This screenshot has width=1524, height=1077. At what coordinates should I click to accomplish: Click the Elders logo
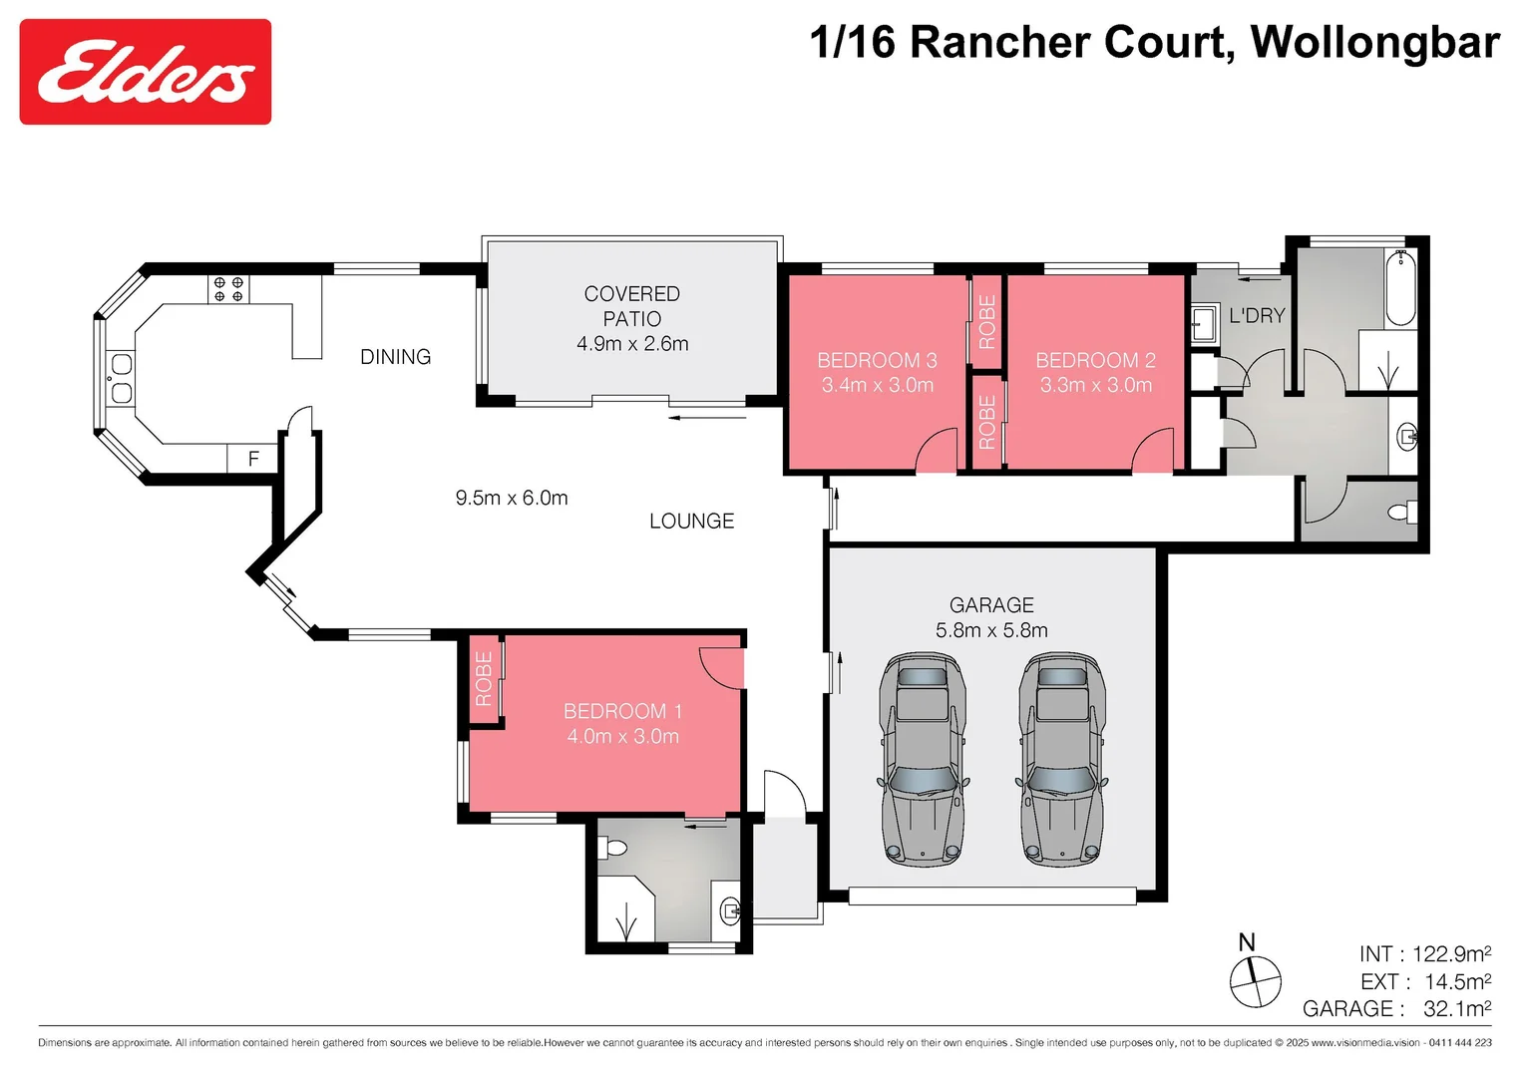tap(146, 72)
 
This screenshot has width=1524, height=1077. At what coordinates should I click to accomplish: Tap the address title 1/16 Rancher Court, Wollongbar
tap(1154, 43)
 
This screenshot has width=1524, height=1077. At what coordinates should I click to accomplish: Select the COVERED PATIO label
tap(632, 318)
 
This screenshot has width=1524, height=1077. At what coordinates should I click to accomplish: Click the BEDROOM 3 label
tap(877, 372)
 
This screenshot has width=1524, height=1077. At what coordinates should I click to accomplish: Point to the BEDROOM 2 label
tap(1095, 372)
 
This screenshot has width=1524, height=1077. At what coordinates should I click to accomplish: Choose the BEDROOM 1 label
tap(622, 723)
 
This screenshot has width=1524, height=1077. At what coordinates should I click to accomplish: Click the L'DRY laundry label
tap(1257, 316)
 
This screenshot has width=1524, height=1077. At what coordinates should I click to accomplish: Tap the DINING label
tap(395, 357)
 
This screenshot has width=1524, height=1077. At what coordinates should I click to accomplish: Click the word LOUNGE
tap(691, 522)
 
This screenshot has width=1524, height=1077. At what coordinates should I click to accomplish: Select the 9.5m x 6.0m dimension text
tap(512, 498)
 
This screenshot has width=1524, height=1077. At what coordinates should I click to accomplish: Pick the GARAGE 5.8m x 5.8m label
tap(991, 617)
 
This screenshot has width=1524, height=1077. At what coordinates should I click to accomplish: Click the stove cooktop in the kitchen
tap(228, 289)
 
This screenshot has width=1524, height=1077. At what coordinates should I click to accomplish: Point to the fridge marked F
tap(253, 459)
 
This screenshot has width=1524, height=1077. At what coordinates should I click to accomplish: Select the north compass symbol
tap(1254, 979)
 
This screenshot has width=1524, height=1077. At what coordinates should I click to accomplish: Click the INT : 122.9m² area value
tap(1424, 954)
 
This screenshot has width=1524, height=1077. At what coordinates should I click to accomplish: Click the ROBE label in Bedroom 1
tap(484, 679)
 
